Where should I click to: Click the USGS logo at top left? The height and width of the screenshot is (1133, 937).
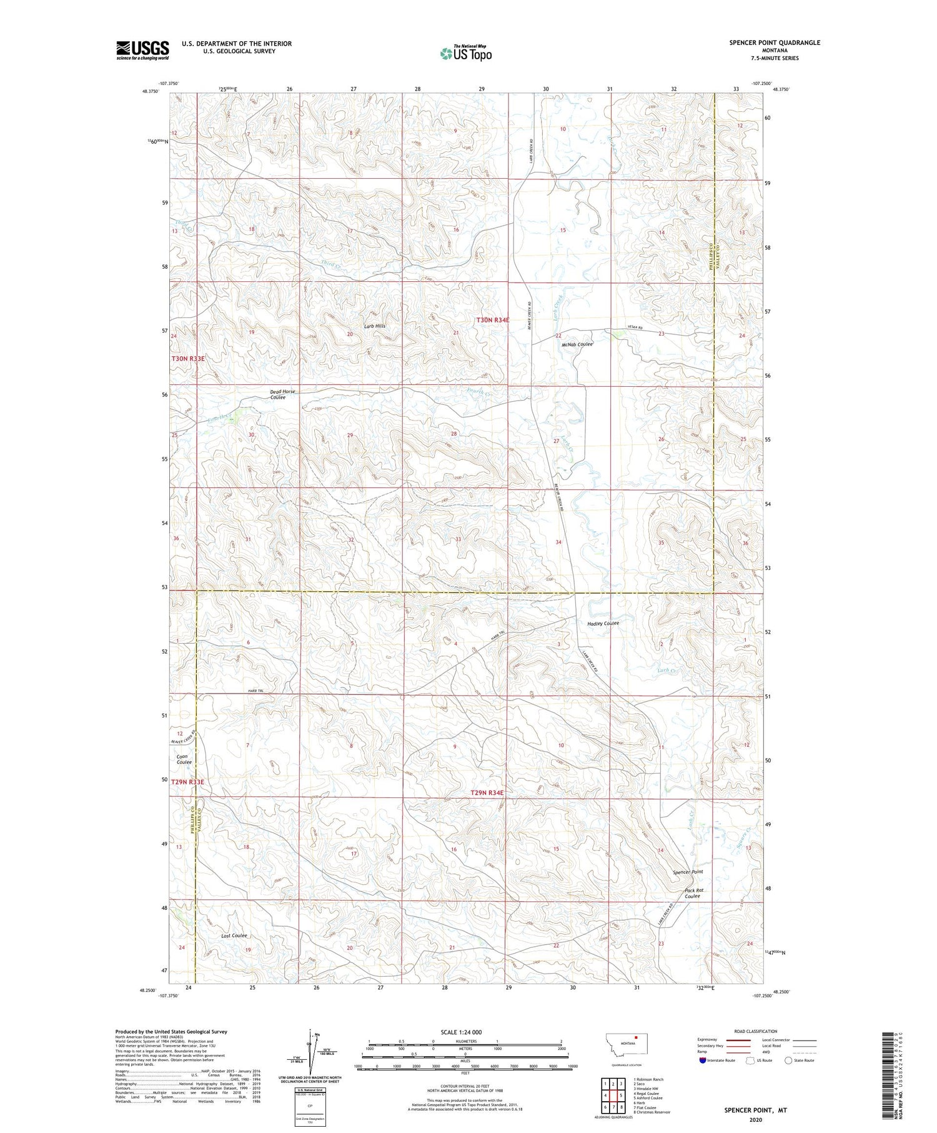[142, 50]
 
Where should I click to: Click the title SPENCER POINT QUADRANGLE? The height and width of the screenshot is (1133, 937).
[775, 42]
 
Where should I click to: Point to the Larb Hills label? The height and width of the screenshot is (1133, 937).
[375, 326]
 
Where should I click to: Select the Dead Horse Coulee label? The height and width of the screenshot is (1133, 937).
[282, 394]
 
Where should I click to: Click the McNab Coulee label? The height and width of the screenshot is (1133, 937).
[577, 344]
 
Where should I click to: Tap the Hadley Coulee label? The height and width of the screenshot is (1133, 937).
[603, 624]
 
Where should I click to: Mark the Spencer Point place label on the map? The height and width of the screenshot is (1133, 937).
[688, 872]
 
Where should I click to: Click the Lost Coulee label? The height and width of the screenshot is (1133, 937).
[234, 936]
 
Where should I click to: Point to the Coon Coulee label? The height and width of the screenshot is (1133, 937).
[184, 759]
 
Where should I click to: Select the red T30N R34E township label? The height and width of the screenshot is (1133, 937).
[493, 320]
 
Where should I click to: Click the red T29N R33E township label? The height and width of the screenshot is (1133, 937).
[188, 782]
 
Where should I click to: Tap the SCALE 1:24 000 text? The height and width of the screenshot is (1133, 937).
[465, 1032]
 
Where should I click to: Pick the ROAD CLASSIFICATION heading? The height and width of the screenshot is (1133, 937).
[756, 1031]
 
